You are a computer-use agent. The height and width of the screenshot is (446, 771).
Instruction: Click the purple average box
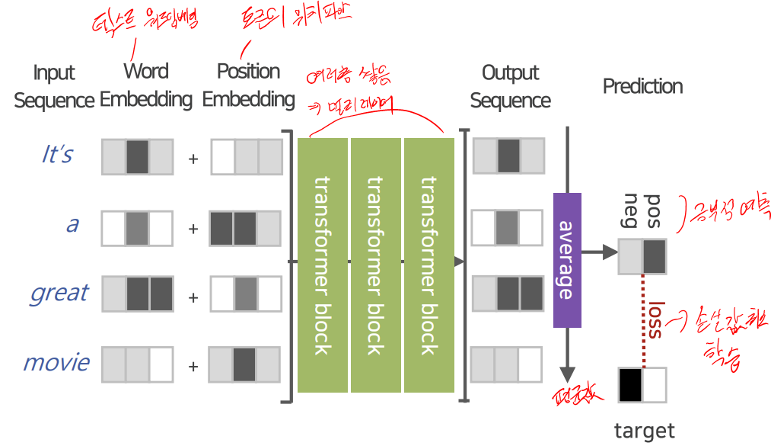point(567,260)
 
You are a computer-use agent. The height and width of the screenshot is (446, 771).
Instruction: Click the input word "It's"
point(57,155)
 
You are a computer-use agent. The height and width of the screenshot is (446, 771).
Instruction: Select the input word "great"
point(59,294)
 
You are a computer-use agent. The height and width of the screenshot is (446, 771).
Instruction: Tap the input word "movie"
point(56,362)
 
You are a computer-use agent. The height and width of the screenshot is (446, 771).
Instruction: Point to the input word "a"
point(72,225)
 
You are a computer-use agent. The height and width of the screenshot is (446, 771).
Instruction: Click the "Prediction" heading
point(642,86)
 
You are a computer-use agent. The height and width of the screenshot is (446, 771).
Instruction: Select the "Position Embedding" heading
point(248,85)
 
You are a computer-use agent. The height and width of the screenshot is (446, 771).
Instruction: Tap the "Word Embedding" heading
point(146,85)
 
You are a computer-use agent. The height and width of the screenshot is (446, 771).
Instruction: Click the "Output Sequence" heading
point(510,86)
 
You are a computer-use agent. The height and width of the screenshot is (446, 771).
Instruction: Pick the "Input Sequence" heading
point(54,87)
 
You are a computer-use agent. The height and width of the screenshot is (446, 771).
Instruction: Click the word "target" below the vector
point(644,431)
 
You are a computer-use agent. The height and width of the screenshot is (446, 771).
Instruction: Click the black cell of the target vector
point(630,384)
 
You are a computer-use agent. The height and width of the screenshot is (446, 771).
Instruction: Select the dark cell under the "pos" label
point(655,257)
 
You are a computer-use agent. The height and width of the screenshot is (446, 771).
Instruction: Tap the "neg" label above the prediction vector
point(631,212)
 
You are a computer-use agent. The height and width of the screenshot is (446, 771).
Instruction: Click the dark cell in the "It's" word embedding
point(137,157)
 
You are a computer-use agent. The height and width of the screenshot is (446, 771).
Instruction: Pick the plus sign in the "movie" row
point(193,367)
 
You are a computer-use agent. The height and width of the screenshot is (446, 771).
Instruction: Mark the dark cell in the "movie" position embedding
point(244,364)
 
